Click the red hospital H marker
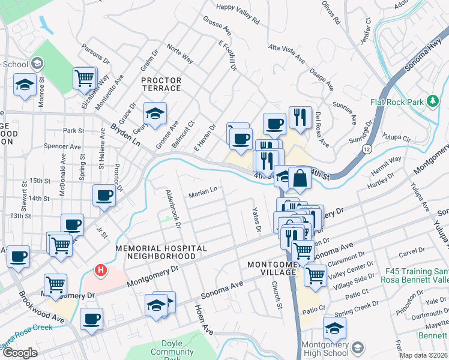pyautogui.click(x=101, y=271)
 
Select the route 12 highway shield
pyautogui.click(x=367, y=149)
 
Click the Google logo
pyautogui.click(x=20, y=352)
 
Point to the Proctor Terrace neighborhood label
pyautogui.click(x=161, y=84)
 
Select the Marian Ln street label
pyautogui.click(x=203, y=193)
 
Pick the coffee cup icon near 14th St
pyautogui.click(x=104, y=195)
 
